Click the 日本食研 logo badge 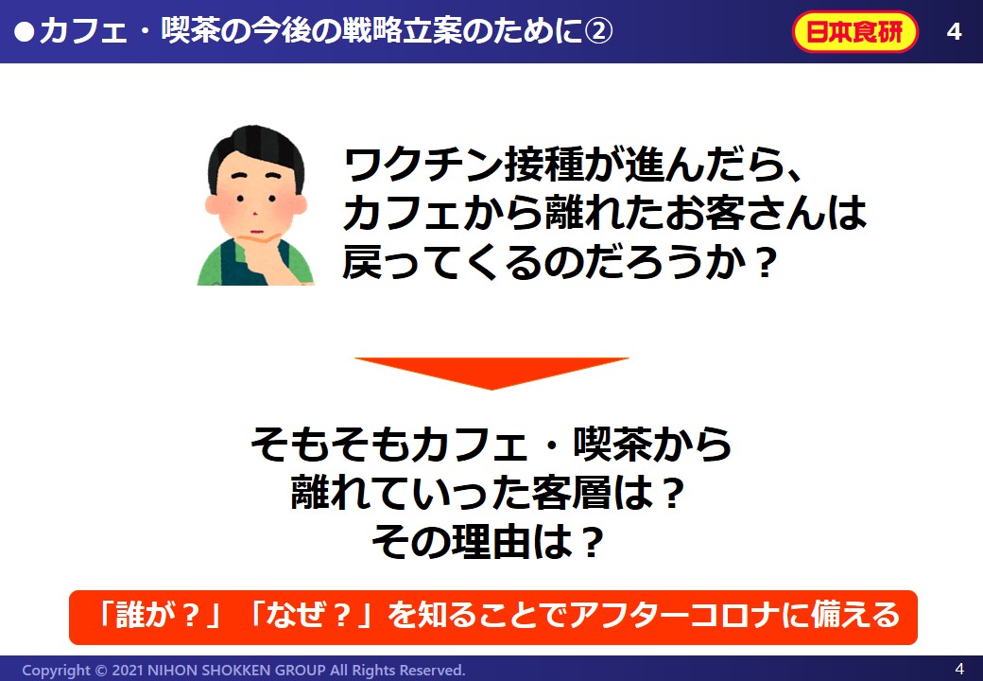pos(855,31)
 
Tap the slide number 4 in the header pos(954,31)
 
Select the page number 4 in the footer pos(959,668)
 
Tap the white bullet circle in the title pos(24,32)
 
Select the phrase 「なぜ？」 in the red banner pos(310,614)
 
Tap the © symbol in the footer pos(100,671)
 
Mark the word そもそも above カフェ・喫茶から pos(331,444)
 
